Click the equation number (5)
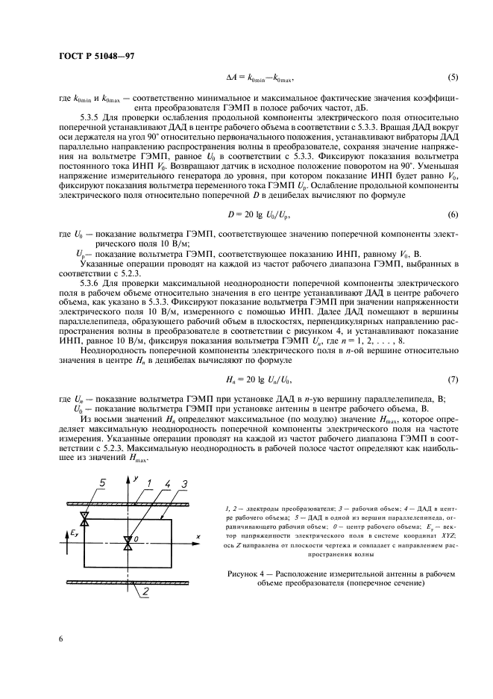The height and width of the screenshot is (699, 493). point(452,77)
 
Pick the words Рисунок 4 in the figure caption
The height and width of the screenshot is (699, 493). point(246,573)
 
